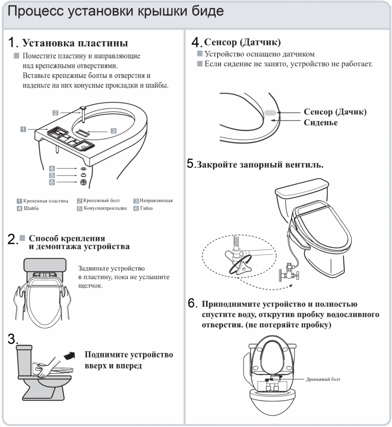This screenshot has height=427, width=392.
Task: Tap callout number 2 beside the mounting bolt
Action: click(x=55, y=112)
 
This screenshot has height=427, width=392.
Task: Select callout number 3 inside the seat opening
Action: click(x=113, y=131)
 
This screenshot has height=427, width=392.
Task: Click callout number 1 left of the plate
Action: click(x=24, y=129)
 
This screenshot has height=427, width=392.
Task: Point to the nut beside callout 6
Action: click(x=83, y=182)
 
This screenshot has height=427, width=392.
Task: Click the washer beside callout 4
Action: click(x=83, y=168)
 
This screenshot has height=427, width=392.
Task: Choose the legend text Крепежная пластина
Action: click(x=45, y=201)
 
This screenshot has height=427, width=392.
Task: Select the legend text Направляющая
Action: click(x=156, y=201)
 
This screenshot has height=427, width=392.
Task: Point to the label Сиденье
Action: click(x=321, y=123)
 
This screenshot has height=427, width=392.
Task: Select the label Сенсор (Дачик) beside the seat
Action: click(x=335, y=112)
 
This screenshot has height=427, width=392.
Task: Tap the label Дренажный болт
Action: click(x=323, y=379)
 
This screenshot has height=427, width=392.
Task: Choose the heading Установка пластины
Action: click(x=75, y=43)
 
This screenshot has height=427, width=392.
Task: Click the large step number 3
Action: click(x=12, y=339)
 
